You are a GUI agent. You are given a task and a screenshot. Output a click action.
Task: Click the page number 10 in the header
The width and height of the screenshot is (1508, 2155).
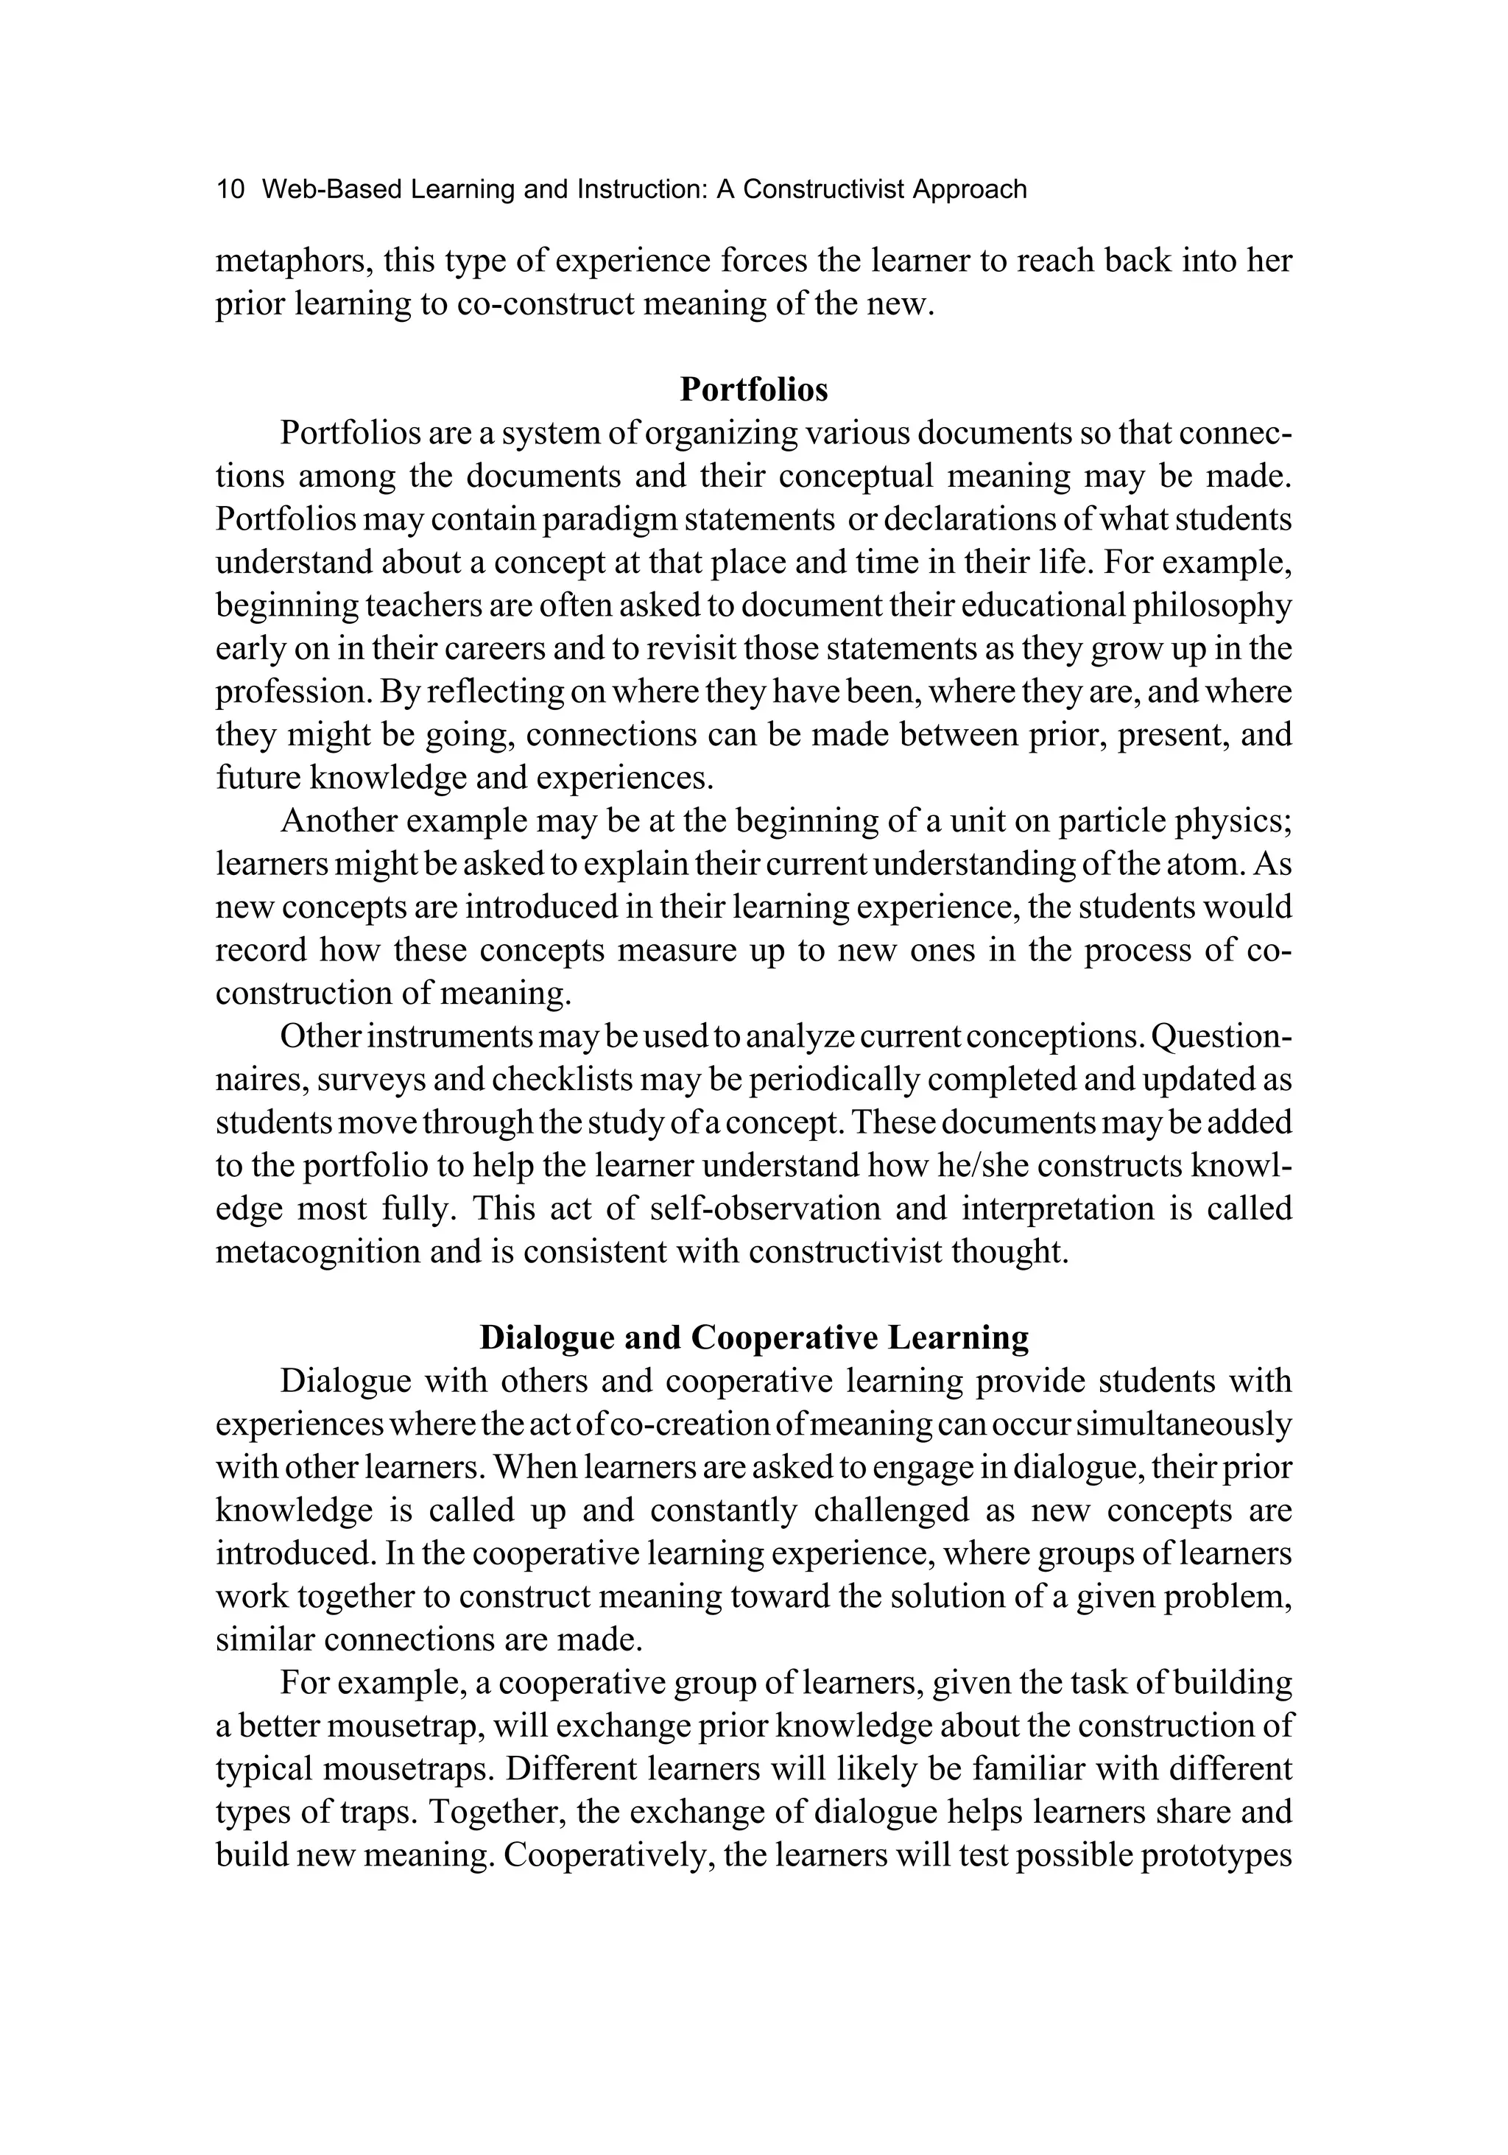(x=230, y=189)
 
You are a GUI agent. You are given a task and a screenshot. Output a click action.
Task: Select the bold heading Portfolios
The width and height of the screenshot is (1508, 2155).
(x=753, y=389)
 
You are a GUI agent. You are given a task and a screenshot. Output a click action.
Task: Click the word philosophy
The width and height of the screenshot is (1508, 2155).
(x=1211, y=605)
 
